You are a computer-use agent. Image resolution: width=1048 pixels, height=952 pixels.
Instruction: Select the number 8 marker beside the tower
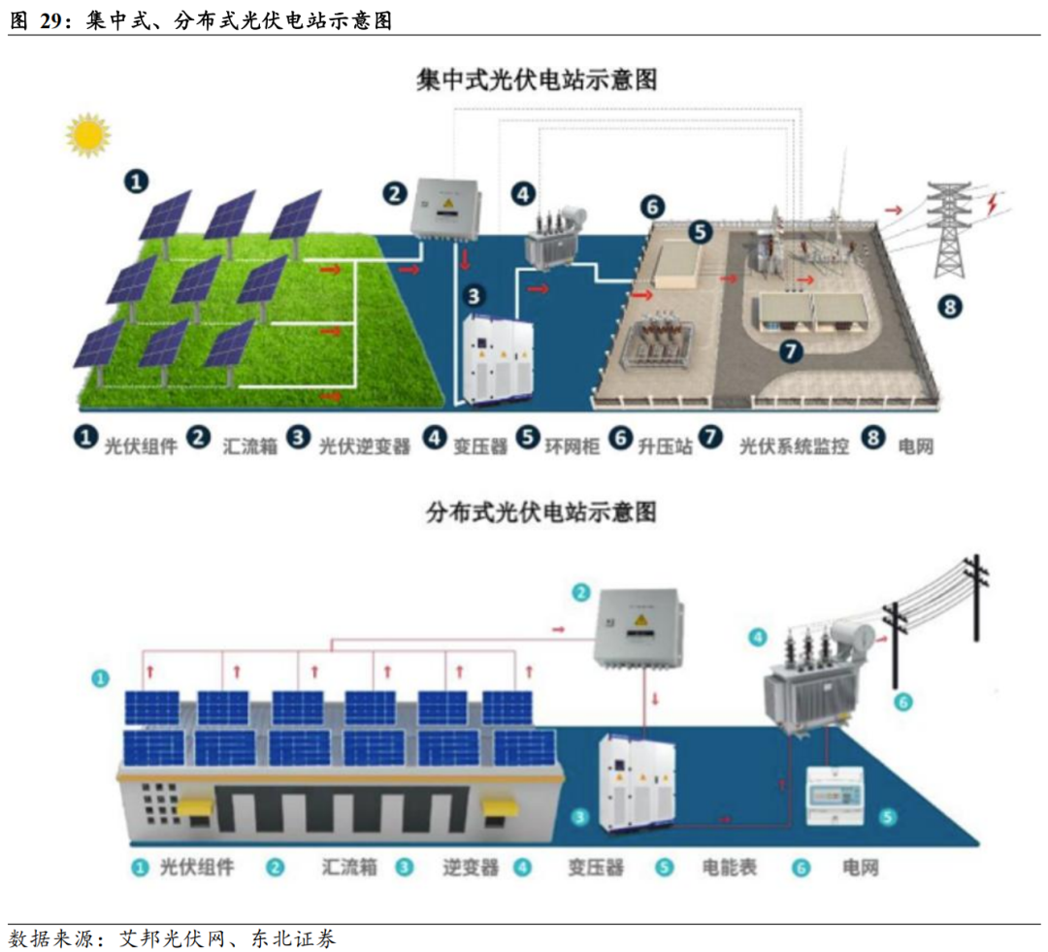[x=951, y=308]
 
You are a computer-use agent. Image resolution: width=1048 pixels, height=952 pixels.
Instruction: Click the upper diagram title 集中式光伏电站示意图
[x=537, y=80]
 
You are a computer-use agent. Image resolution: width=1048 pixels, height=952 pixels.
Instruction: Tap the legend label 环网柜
[x=569, y=446]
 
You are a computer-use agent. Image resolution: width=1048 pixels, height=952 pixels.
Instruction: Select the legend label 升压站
[x=665, y=446]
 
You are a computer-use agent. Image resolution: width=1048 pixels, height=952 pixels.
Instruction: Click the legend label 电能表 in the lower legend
[x=729, y=867]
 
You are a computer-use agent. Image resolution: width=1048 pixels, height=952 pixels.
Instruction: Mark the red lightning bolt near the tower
[x=994, y=204]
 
